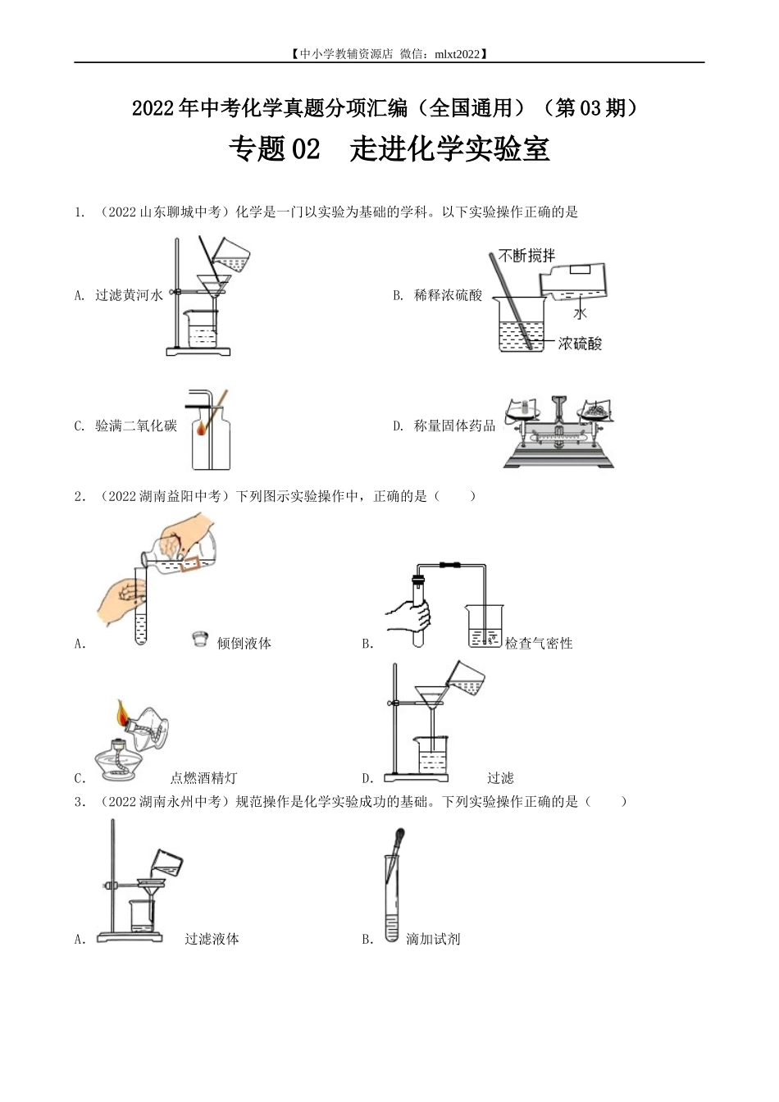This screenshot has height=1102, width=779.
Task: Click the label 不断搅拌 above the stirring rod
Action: click(526, 255)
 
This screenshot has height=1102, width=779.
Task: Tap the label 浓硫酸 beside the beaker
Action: click(580, 343)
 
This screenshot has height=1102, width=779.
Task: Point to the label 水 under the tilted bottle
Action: click(581, 312)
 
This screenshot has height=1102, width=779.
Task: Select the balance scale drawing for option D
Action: click(558, 431)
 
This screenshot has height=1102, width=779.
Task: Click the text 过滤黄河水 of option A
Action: click(129, 295)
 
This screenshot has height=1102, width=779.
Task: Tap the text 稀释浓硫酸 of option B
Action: click(448, 295)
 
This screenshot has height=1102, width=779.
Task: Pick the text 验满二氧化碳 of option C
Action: click(136, 426)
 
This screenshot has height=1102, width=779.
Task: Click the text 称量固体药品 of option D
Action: click(455, 426)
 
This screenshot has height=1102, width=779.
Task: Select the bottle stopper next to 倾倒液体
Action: click(199, 639)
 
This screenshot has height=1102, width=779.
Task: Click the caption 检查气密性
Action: click(539, 643)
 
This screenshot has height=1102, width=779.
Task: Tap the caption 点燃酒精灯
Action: click(203, 778)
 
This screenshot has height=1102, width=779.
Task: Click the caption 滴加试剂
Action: click(433, 939)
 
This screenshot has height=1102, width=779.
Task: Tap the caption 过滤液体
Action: click(212, 939)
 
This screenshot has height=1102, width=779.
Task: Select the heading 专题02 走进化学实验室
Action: click(389, 149)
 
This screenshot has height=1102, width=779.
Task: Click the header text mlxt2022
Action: click(458, 54)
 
